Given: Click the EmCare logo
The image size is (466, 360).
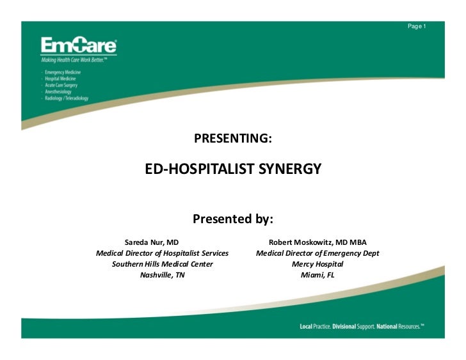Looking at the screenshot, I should coord(79,46).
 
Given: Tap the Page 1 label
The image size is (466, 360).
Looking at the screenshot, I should coord(416,26).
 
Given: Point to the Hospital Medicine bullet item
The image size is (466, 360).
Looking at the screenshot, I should coord(61,79).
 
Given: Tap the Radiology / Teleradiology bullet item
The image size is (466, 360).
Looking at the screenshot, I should coord(67,98).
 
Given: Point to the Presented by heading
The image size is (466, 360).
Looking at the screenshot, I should coord(232,219).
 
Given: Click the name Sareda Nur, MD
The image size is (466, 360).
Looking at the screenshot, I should coord(151,242).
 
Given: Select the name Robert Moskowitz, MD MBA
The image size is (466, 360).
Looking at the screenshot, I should coord(317,242).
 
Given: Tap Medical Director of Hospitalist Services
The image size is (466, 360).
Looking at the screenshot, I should coord(162,253).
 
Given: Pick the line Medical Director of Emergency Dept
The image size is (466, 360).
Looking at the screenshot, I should coord(317,253).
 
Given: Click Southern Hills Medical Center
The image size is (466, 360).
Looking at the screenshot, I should coord(162,264).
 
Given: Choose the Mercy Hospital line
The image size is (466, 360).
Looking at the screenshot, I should coord(317,264).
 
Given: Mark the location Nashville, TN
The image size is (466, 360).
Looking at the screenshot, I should coord(162,275).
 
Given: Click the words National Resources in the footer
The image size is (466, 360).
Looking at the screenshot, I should coord(399,327).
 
